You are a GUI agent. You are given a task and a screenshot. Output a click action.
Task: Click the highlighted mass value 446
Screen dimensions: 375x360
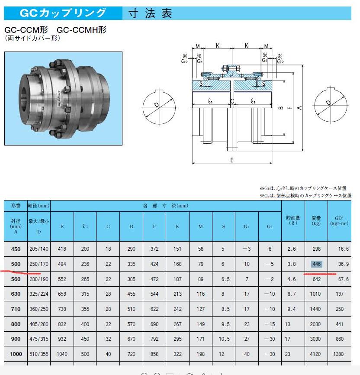(316, 264)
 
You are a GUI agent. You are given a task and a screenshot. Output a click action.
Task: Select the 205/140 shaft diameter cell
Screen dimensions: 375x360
(39, 249)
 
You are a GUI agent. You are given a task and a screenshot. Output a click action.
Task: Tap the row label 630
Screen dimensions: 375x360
(16, 294)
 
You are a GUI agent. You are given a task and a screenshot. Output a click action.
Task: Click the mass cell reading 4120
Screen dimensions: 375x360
(316, 354)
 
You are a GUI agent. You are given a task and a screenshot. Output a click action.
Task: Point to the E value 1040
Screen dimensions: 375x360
(62, 354)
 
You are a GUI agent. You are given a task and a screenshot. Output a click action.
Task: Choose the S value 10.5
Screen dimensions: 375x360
(223, 339)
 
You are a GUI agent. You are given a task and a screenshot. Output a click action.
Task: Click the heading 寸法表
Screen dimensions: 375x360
(150, 13)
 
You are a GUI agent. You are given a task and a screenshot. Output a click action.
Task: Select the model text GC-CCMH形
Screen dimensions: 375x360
(82, 30)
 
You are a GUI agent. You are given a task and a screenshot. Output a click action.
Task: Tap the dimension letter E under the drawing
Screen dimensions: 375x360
(232, 160)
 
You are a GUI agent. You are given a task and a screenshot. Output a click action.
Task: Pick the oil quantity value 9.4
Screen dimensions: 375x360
(293, 309)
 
